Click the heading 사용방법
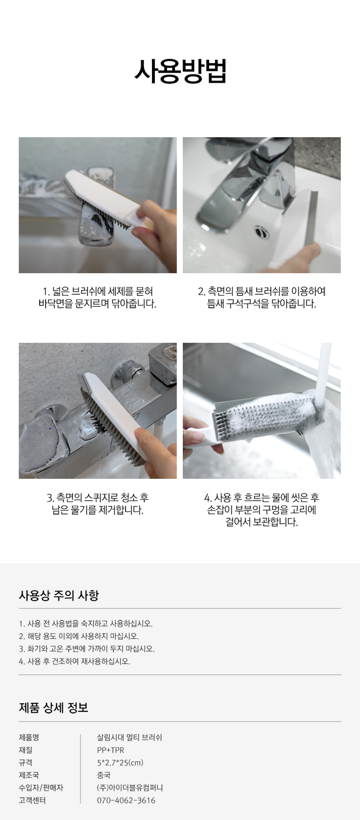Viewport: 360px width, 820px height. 180,71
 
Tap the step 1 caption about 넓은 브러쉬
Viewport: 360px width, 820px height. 98,297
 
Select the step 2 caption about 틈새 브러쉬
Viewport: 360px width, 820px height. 262,297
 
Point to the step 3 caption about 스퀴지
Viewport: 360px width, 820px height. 98,504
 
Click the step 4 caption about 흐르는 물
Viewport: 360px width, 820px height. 262,510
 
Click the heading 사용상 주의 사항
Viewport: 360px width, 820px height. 59,595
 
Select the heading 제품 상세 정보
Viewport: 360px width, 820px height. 54,708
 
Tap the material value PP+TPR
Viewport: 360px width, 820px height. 110,750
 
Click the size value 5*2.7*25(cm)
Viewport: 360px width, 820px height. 120,762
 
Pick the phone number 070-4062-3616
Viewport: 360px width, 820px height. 126,800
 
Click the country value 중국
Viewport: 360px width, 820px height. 104,775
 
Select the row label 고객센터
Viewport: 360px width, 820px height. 32,800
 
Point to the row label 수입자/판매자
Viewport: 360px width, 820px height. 41,788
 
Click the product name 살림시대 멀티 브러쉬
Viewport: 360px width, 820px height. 129,737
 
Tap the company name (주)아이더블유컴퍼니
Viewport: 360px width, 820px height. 130,788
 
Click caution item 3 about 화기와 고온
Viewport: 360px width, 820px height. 86,649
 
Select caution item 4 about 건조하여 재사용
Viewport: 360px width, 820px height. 74,661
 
